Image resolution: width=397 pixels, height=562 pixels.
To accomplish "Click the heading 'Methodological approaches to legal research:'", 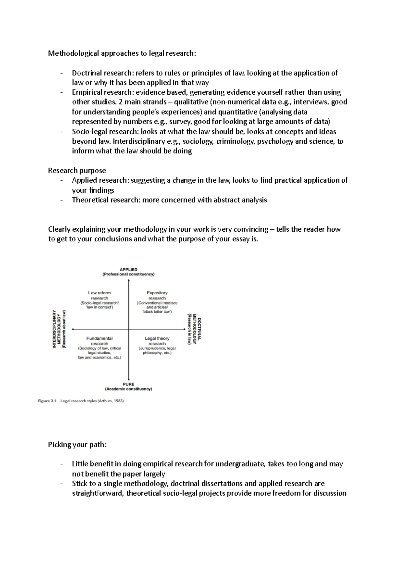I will tap(122, 53).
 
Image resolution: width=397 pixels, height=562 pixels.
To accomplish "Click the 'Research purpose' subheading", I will tap(77, 170).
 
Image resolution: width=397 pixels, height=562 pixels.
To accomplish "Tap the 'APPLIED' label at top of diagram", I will tap(128, 269).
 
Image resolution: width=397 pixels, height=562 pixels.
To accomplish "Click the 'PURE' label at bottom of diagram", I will tap(128, 384).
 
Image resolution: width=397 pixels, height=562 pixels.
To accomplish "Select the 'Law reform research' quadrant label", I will tap(99, 295).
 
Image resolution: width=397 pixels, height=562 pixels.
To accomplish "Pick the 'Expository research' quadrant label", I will tap(157, 295).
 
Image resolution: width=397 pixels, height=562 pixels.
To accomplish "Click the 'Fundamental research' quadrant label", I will tap(99, 341).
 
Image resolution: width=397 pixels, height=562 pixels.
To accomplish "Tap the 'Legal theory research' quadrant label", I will tap(157, 341).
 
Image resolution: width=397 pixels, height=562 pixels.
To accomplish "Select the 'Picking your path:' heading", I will tap(77, 444).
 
